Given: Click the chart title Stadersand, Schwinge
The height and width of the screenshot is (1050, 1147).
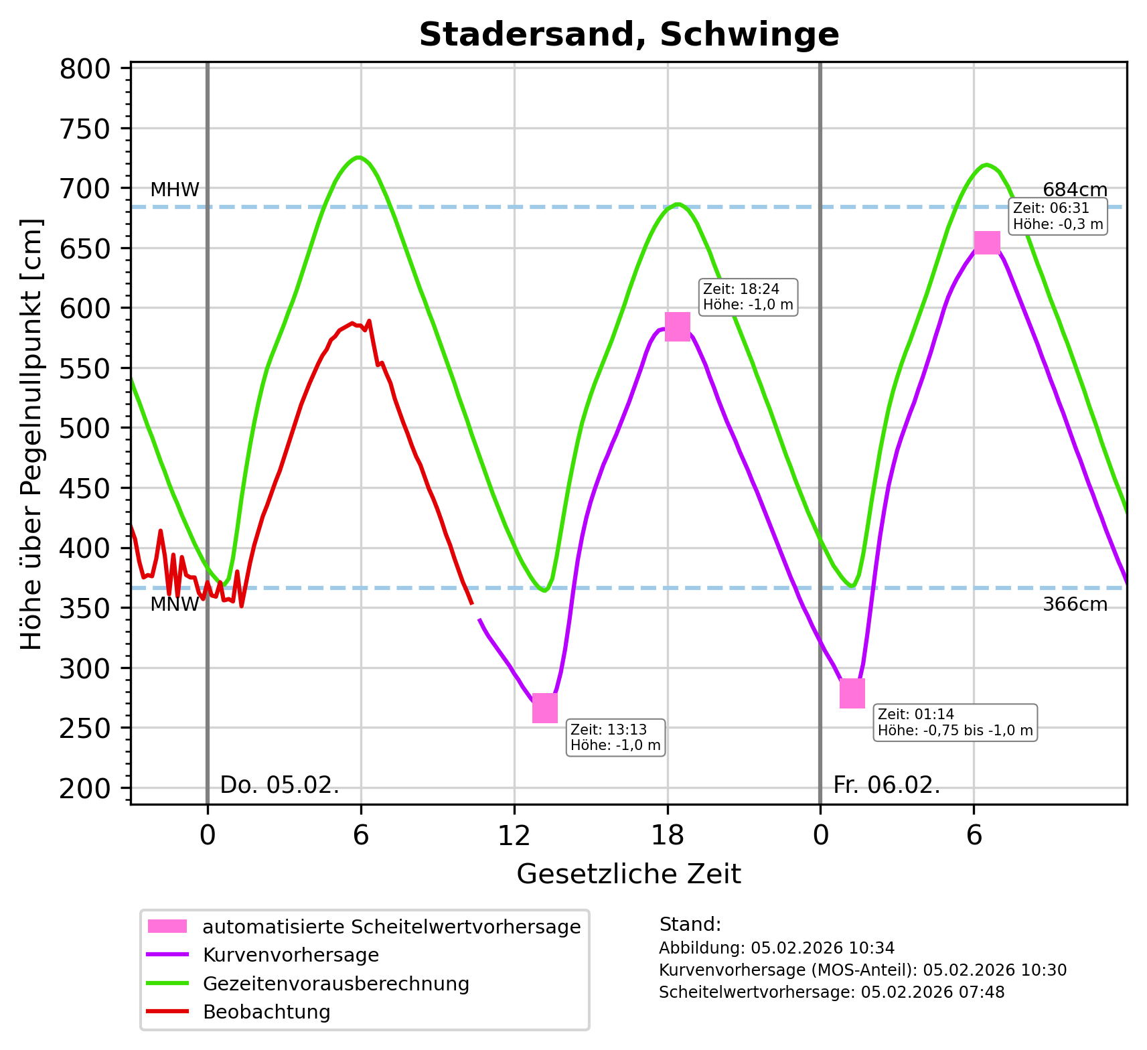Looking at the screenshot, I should (x=629, y=35).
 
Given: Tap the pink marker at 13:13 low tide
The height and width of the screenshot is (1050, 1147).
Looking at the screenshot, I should (x=544, y=708).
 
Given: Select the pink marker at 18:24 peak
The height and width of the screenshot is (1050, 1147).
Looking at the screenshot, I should (x=677, y=327).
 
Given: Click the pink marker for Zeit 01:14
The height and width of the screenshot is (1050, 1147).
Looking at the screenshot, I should (x=852, y=693).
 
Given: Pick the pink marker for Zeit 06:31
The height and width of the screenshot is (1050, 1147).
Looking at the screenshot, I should (x=986, y=242).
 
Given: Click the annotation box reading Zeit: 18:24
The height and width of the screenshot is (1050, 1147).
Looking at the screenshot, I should (x=748, y=297).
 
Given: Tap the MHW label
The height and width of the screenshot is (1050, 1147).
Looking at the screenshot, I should (x=175, y=190).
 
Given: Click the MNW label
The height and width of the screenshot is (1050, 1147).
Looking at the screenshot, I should (x=174, y=605).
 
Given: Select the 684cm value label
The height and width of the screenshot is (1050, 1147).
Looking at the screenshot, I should (x=1075, y=190).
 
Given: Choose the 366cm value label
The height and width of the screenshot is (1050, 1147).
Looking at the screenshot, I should (x=1075, y=605).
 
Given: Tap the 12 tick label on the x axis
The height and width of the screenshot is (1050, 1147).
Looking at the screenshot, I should (x=514, y=836).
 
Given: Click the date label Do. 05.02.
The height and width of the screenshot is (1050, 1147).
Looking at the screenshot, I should (x=279, y=785).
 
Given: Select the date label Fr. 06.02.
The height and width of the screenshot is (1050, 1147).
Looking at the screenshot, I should (x=887, y=785).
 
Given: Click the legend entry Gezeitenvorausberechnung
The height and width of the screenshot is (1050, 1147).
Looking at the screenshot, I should (x=335, y=984).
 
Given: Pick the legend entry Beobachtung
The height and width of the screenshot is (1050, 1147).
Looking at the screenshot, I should (x=266, y=1012).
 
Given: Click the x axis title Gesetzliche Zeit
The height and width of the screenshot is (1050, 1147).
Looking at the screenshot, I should (x=629, y=874).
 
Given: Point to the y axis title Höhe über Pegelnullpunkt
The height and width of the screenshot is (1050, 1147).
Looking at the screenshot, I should (x=31, y=434).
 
